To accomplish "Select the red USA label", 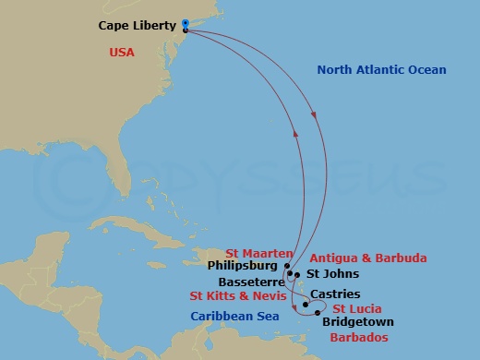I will pos(120,53).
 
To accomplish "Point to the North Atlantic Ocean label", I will pos(381,70).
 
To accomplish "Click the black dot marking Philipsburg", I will pos(288,266).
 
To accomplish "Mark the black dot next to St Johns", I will pos(297,274).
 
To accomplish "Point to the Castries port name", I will pos(330,294).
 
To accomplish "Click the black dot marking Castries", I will pos(306,302).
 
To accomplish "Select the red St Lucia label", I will pos(357,308).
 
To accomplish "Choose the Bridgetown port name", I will pos(358,322).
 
